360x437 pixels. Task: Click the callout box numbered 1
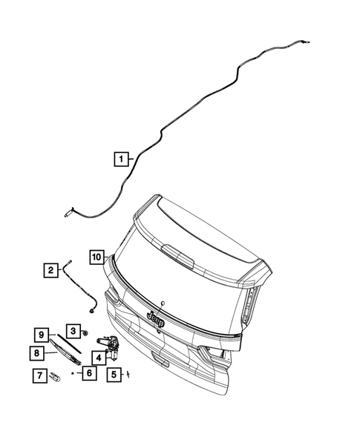pos(120,158)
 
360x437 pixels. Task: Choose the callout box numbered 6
pos(88,373)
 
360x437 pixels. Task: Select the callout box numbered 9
pos(42,335)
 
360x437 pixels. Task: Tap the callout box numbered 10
pos(96,257)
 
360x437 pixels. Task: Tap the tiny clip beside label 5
pos(128,374)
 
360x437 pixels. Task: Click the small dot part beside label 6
pos(73,374)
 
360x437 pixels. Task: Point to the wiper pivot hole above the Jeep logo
pos(161,303)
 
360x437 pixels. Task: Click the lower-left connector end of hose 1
pos(69,214)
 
